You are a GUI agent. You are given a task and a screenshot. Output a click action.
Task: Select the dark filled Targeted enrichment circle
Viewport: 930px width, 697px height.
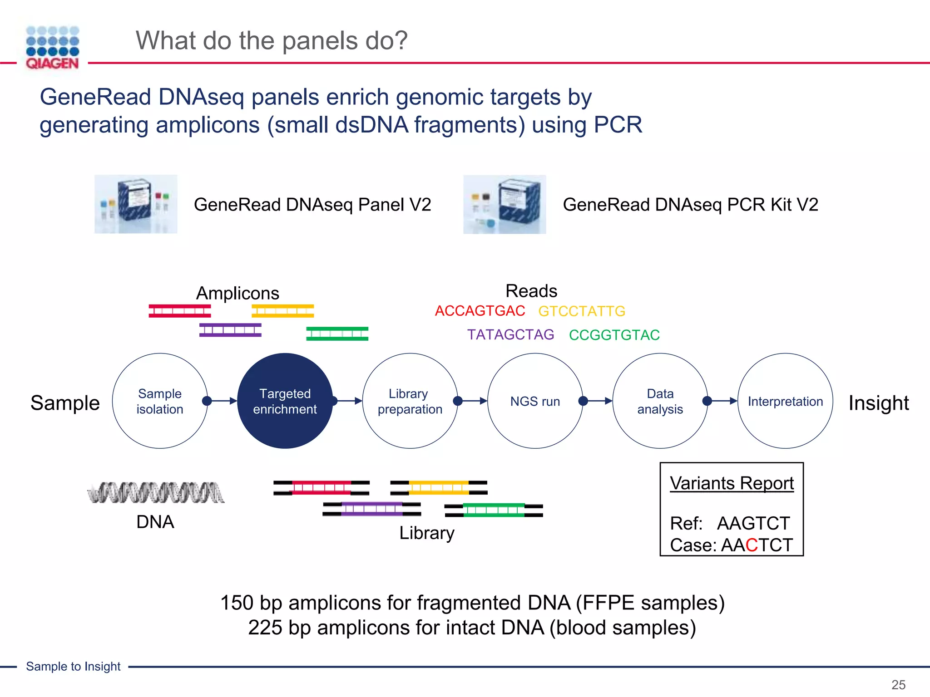click(285, 401)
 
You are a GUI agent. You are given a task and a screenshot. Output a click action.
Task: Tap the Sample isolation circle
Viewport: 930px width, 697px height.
click(160, 401)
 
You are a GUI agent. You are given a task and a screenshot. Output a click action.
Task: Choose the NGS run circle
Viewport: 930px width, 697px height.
click(535, 401)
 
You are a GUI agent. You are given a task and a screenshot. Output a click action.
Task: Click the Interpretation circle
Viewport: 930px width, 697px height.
click(785, 401)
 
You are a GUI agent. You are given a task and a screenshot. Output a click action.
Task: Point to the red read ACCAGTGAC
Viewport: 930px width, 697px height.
click(480, 311)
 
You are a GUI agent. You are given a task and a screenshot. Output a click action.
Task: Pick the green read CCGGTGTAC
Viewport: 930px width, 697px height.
click(614, 335)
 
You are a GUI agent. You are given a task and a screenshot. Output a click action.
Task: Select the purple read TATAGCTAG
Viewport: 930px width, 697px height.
click(510, 334)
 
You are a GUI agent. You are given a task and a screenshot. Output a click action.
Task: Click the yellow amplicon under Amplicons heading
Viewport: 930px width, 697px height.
click(282, 311)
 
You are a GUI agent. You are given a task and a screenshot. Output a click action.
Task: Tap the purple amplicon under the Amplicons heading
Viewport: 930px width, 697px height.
click(230, 330)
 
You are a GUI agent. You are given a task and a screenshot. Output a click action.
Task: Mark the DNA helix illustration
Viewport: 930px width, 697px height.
click(156, 493)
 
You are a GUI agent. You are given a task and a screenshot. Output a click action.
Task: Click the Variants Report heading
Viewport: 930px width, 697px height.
click(732, 483)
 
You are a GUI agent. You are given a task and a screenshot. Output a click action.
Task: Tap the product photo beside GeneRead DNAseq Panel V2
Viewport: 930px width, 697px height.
click(136, 204)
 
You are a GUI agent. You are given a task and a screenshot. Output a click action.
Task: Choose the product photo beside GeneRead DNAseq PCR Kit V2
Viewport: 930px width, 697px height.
click(505, 204)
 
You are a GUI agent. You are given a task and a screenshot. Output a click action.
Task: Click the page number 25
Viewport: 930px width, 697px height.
click(898, 685)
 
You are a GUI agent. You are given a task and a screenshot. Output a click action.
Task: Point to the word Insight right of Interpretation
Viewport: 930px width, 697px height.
click(878, 403)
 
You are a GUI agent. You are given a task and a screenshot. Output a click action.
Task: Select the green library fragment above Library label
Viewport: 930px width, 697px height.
click(494, 510)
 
